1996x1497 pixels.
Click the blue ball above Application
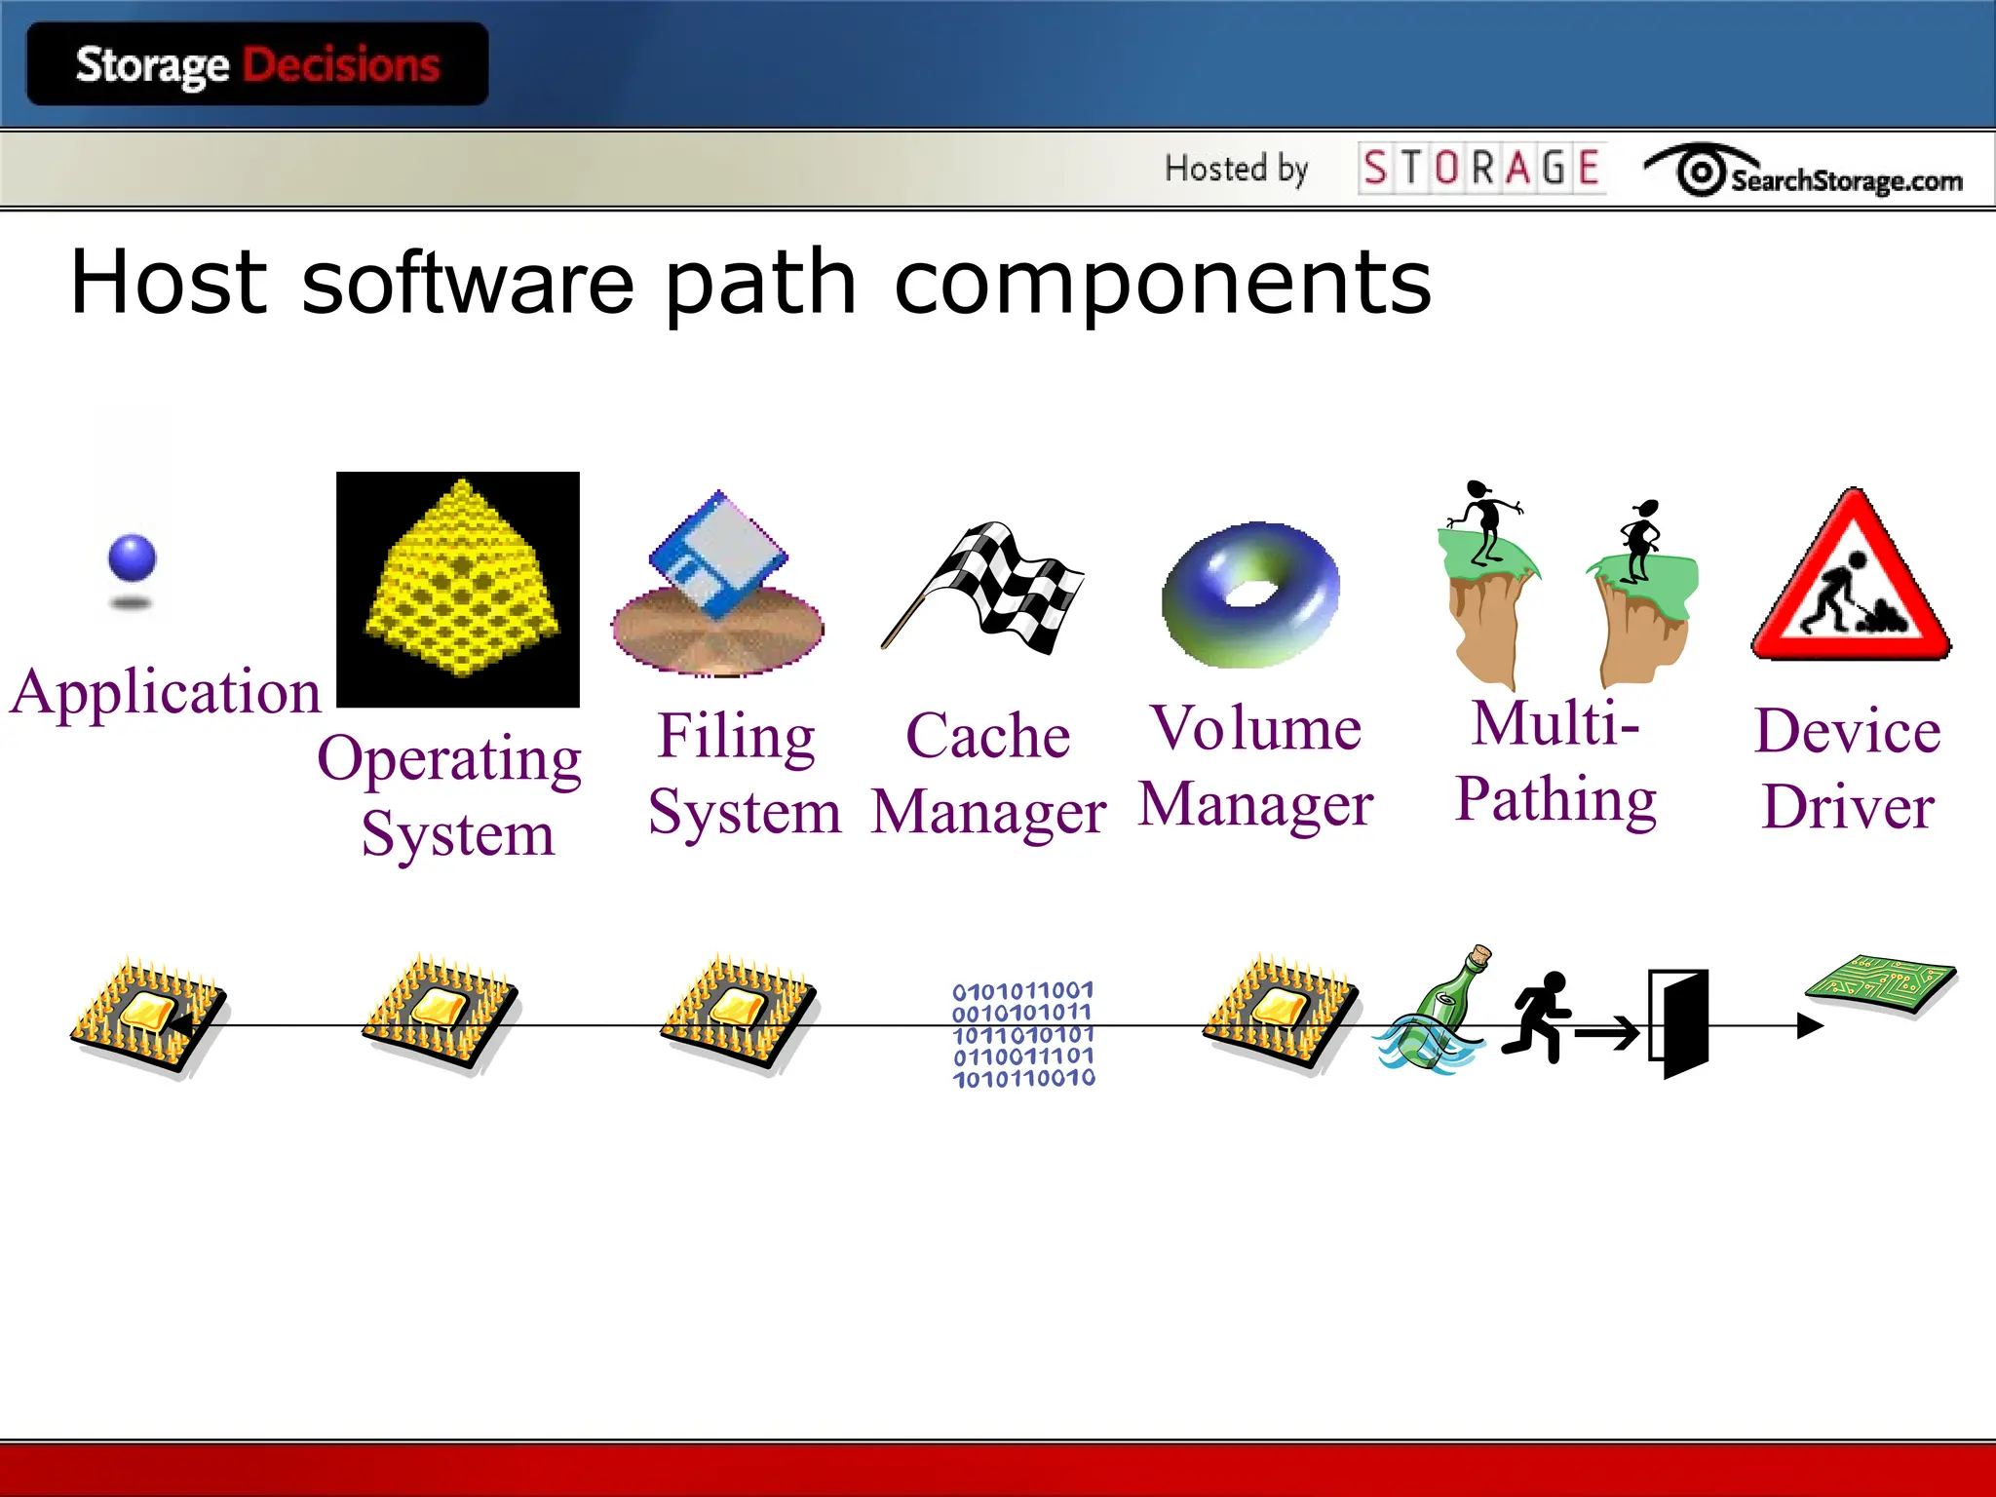[132, 558]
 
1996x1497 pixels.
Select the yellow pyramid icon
[461, 583]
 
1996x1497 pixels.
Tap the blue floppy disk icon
[718, 554]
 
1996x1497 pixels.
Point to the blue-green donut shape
[1250, 594]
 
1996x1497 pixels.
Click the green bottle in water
[1436, 1014]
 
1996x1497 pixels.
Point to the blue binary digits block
[1023, 1034]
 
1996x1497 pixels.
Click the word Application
[166, 693]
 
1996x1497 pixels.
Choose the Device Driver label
[1848, 768]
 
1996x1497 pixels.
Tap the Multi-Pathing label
[1556, 762]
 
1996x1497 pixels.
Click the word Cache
[987, 735]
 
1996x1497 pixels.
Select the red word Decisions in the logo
[341, 65]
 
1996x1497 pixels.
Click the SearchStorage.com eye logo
[1701, 173]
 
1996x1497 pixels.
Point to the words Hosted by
[1236, 169]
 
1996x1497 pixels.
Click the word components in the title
[1163, 284]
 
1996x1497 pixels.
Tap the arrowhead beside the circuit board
[1809, 1025]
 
